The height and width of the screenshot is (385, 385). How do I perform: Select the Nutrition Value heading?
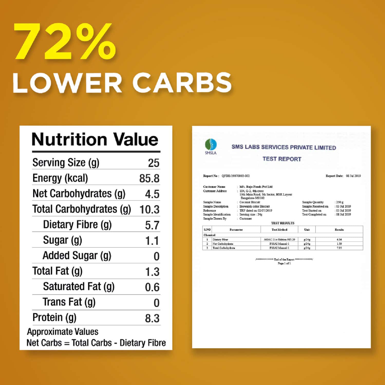[95, 140]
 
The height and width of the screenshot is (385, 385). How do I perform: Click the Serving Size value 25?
[153, 163]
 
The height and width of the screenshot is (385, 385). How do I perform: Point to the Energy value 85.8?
[149, 179]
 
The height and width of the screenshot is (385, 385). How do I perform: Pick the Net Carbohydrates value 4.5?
[152, 194]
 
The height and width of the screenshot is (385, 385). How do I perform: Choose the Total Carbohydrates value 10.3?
[149, 210]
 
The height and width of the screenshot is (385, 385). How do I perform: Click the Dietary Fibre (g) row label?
[77, 225]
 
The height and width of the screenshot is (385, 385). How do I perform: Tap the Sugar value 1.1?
[152, 241]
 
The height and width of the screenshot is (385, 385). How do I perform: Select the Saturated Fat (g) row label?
[79, 287]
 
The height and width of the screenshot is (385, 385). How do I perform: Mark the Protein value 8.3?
[152, 318]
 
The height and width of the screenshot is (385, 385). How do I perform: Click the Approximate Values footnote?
[63, 332]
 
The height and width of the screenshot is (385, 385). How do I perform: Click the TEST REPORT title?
[282, 159]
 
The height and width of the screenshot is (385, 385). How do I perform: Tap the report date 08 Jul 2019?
[353, 176]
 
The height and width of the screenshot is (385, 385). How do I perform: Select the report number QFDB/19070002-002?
[236, 176]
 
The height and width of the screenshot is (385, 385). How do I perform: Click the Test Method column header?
[279, 230]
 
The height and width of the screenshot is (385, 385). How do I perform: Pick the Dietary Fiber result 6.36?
[339, 239]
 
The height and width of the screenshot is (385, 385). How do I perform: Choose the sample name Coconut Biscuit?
[250, 202]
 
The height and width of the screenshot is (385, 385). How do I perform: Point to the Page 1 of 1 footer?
[284, 264]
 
